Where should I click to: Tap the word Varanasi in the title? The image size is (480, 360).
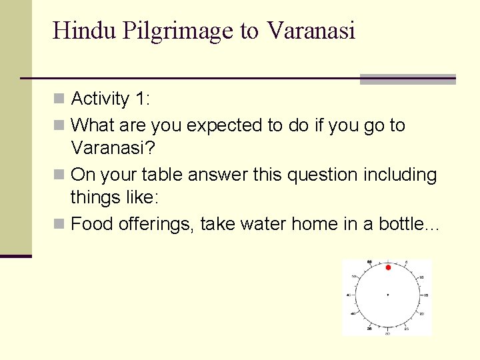point(311,31)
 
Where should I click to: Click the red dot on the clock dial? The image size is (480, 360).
point(387,267)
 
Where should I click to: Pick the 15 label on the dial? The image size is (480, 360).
point(424,295)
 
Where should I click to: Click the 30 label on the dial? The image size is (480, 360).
point(387,333)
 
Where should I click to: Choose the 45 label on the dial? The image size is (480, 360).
point(349,295)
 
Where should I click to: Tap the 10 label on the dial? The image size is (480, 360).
point(420,276)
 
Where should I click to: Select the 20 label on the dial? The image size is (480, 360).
point(421,313)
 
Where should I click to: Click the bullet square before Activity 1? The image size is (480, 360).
point(59,99)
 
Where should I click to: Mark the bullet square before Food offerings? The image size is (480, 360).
point(59,223)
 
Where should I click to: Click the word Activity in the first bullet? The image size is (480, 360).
point(100,99)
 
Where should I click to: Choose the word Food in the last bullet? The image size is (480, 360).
point(92,223)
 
